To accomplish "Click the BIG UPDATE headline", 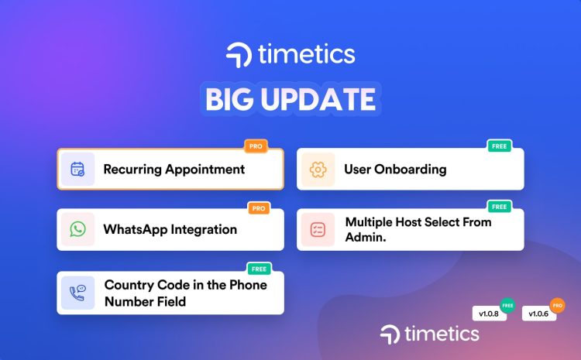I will (x=290, y=101).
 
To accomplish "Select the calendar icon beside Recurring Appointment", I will (x=77, y=169).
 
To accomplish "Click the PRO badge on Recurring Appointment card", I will (x=255, y=146).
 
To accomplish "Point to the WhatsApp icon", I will (x=77, y=229).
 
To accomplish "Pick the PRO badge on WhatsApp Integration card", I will (x=258, y=207).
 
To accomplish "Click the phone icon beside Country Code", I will (x=77, y=293).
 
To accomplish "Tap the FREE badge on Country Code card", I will (x=258, y=269).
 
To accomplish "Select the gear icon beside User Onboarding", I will (x=318, y=169).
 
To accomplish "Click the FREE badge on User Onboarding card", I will (x=498, y=146).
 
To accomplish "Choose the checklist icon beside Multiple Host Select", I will (x=318, y=229).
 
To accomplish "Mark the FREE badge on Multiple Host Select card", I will (x=498, y=207).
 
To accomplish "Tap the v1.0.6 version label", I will (x=539, y=314).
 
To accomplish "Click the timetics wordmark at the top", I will (x=308, y=55).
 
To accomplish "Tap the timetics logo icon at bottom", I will (x=390, y=334).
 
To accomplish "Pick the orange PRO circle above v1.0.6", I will (x=556, y=304).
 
